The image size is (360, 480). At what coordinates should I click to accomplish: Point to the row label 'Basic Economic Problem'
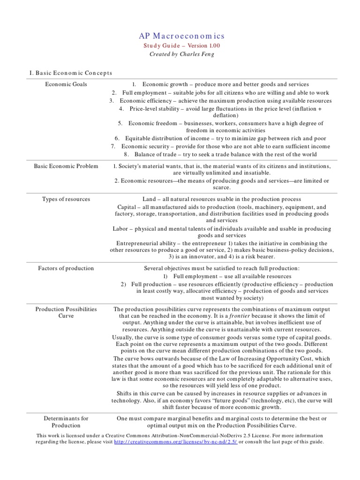66,166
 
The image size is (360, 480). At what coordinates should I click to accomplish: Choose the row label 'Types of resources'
66,199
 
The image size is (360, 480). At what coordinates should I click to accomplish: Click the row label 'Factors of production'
66,268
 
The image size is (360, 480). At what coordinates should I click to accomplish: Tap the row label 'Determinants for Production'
66,421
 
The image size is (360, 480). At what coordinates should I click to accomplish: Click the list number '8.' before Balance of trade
126,154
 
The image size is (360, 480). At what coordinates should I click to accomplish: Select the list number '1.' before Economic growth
134,84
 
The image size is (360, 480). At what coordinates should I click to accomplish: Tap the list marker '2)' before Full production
123,284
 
